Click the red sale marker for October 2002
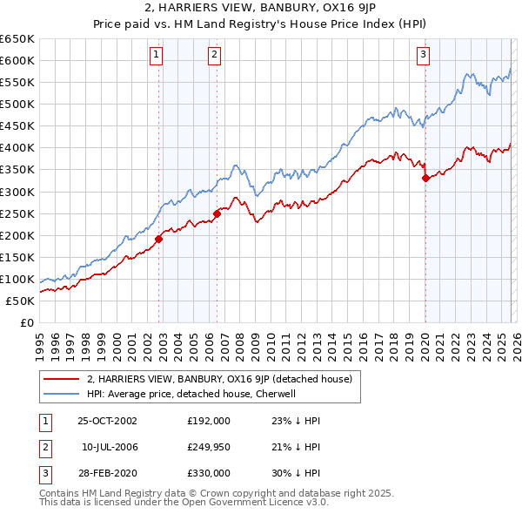159,238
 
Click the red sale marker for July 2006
217,213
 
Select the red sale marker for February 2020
425,178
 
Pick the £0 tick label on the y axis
26,322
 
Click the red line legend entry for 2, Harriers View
219,379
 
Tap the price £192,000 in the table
208,420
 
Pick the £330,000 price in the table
208,473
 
